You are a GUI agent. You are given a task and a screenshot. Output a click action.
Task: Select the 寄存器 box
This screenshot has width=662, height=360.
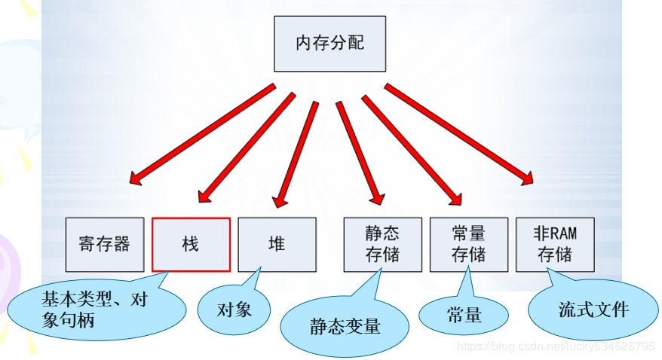104,244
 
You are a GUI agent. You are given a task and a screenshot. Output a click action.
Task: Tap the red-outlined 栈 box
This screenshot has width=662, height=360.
191,244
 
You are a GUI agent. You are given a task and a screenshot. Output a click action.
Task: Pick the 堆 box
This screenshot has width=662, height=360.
277,244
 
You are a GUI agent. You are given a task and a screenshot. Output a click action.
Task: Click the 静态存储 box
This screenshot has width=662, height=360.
382,244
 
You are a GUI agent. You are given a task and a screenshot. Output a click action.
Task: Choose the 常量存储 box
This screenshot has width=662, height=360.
468,244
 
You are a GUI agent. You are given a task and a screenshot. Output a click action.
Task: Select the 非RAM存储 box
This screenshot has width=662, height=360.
555,244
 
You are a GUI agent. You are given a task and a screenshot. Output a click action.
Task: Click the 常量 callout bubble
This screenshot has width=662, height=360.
464,315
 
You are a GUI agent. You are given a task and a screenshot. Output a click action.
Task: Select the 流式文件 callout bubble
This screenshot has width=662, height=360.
589,310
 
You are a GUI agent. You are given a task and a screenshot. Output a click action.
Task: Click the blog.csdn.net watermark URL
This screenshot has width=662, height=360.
557,346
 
